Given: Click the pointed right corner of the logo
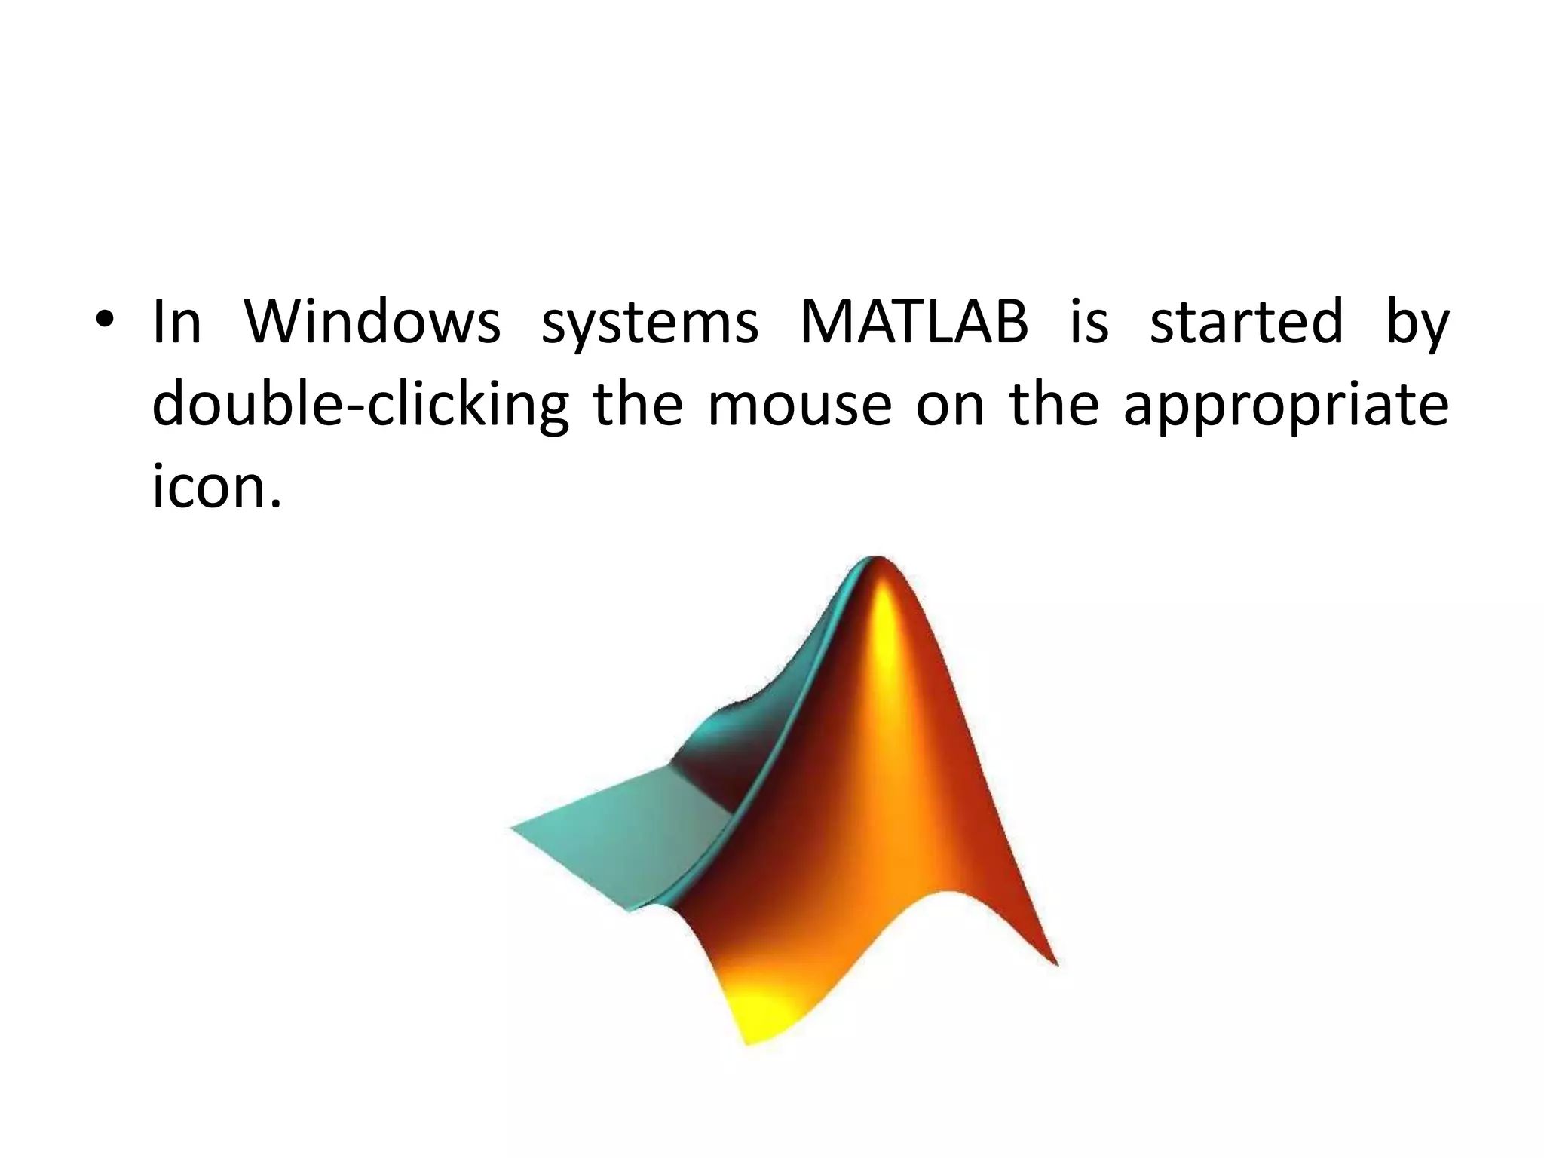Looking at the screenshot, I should (1055, 963).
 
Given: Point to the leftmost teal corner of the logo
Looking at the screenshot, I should (513, 828).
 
